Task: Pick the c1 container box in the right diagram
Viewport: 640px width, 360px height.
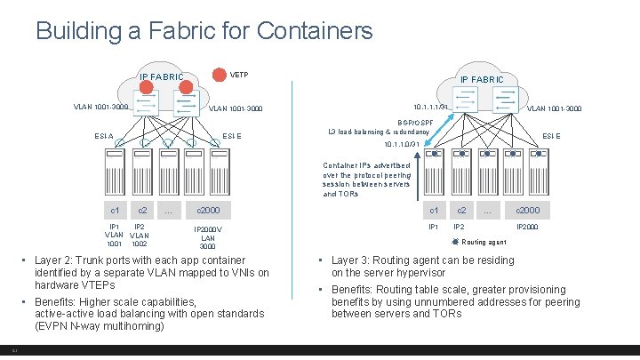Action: click(x=434, y=211)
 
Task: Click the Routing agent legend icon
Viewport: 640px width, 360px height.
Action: click(x=455, y=241)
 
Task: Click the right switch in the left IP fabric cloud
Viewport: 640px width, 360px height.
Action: click(x=187, y=105)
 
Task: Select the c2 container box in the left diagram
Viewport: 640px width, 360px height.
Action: click(x=140, y=211)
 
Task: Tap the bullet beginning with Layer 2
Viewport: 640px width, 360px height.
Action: click(x=151, y=273)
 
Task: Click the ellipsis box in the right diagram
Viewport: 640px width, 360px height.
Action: click(x=486, y=211)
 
